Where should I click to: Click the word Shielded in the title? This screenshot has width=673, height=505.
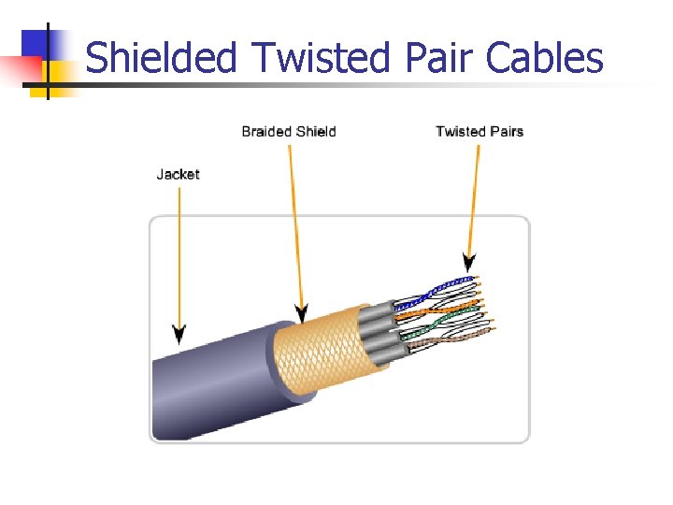tap(161, 58)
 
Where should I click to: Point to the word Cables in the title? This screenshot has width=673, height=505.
tap(545, 58)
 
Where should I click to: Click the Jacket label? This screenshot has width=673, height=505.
tap(178, 174)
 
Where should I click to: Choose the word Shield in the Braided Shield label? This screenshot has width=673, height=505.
tap(314, 131)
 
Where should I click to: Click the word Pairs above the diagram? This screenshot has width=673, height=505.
tap(505, 131)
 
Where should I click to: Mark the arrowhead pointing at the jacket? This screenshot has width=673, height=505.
tap(179, 333)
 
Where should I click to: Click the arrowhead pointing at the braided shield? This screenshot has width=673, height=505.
tap(301, 312)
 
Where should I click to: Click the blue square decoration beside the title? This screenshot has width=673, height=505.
tap(37, 43)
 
